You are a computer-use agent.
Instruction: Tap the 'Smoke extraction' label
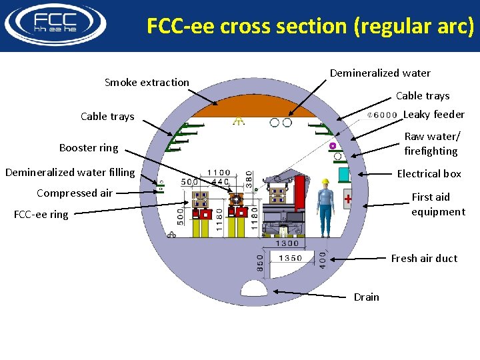147,83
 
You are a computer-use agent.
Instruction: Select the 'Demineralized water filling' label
70,173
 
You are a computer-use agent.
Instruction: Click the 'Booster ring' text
88,148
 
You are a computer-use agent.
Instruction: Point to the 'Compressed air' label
75,193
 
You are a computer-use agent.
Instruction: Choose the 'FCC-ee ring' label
41,215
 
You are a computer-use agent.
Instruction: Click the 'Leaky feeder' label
434,115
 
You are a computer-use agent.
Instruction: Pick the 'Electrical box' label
429,174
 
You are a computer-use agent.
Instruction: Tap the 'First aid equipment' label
437,205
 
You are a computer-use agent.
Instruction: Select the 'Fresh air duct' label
424,259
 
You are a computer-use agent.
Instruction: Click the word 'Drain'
366,297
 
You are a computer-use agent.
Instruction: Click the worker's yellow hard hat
325,182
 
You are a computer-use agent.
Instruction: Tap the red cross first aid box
347,198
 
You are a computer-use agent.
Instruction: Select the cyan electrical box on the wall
344,175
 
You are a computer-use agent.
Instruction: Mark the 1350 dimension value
290,258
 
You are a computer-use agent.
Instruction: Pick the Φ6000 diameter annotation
383,115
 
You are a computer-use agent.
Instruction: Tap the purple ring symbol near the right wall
332,145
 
